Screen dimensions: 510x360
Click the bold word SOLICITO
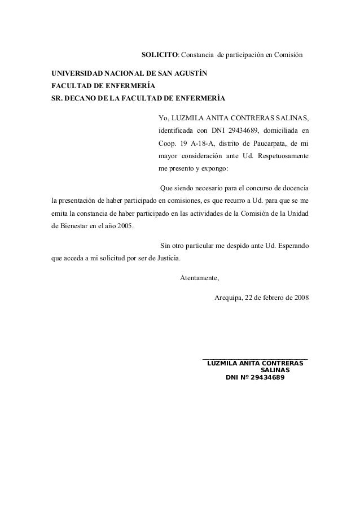point(159,56)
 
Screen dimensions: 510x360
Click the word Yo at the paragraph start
point(164,117)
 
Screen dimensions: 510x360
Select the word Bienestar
point(78,226)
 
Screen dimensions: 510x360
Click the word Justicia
point(167,259)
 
